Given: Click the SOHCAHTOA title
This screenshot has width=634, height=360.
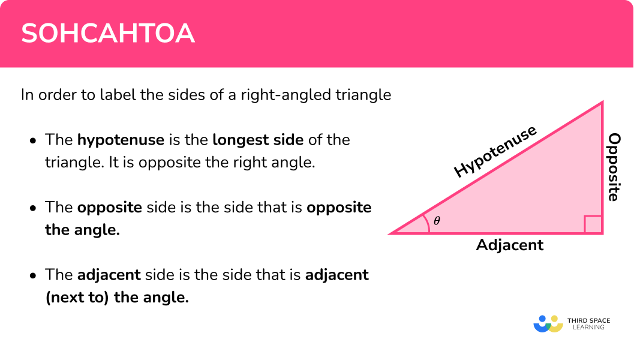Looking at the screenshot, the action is tap(108, 33).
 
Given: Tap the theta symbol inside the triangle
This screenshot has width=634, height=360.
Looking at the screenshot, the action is tap(437, 221).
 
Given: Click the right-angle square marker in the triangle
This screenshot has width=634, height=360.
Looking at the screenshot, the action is tap(593, 224).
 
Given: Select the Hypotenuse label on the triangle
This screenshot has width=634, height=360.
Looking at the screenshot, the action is tap(495, 151).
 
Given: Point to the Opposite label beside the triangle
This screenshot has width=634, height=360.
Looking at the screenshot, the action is tap(614, 167).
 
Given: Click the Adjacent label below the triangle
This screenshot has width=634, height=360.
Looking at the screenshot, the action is tap(509, 245).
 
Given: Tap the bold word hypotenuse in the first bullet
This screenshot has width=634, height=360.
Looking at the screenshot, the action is tap(121, 140).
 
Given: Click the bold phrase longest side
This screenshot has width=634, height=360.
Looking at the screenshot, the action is tap(258, 140).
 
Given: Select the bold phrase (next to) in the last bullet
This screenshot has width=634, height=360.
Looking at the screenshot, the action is tap(77, 298).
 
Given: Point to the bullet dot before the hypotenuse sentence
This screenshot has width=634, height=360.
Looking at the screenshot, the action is tap(33, 141).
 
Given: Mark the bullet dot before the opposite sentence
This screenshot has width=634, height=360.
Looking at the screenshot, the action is tap(33, 208).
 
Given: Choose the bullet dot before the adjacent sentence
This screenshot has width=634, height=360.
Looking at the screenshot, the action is tap(33, 276).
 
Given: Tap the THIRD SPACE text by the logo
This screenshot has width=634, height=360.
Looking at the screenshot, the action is tap(589, 320).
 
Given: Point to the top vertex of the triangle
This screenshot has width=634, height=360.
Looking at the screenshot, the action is tap(602, 101).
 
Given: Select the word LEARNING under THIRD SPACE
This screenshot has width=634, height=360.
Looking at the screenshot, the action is tap(588, 327).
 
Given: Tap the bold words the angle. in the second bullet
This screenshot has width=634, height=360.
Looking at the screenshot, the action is tap(83, 230).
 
